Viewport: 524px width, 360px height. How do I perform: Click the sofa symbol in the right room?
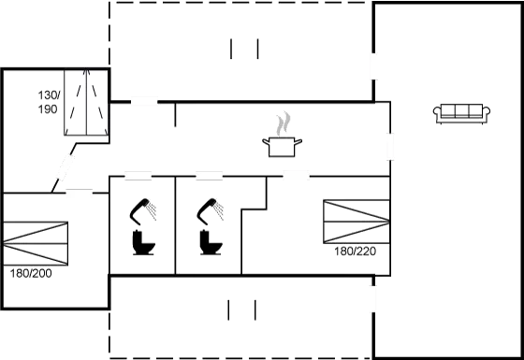[x=462, y=114]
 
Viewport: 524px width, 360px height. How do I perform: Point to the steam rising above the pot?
[x=283, y=123]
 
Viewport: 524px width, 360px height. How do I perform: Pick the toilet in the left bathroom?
[x=144, y=242]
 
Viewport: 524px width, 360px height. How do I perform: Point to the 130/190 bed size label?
[x=48, y=103]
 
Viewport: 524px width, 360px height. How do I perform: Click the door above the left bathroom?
[x=138, y=175]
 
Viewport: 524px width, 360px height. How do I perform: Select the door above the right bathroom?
[x=209, y=175]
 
